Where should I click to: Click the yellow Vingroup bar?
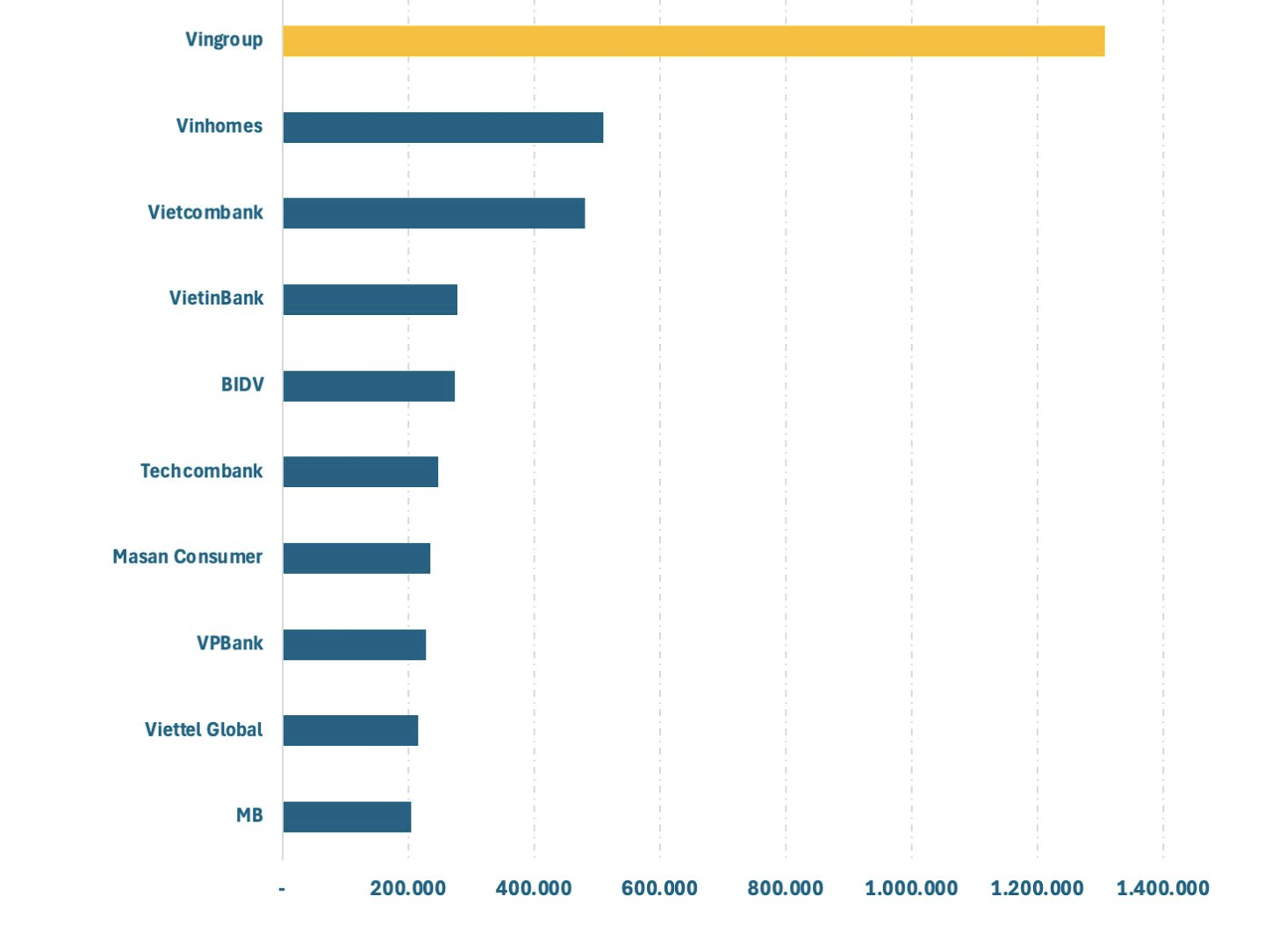coord(693,41)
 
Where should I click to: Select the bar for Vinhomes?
coord(442,127)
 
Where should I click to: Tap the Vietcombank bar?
coord(434,213)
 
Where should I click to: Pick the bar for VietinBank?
coord(370,299)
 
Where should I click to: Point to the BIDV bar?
coord(369,386)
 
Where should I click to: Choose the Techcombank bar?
coord(360,472)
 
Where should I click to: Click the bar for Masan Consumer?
coord(356,558)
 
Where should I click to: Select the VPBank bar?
coord(354,644)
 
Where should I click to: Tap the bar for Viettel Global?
coord(350,730)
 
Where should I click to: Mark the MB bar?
coord(347,816)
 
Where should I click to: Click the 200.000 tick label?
coord(407,888)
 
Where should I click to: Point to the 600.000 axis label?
coord(659,888)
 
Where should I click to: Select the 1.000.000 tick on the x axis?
coord(911,888)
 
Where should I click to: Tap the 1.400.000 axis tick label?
coord(1162,888)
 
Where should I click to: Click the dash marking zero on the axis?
coord(282,889)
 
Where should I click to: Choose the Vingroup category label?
coord(224,39)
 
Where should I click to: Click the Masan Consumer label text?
coord(187,556)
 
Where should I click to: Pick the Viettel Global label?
coord(204,729)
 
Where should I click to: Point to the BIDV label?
coord(242,384)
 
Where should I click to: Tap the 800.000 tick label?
coord(785,888)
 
